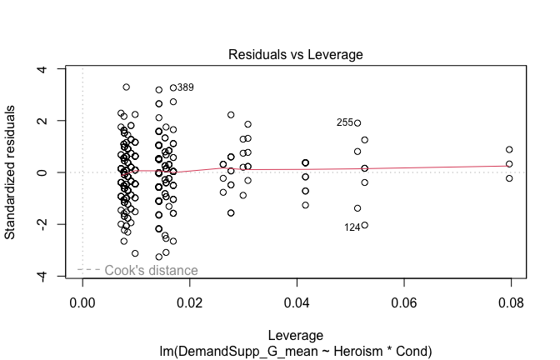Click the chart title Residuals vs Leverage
tap(296, 54)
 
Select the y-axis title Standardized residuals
tap(12, 172)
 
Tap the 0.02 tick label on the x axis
tap(190, 305)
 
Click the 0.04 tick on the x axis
tap(297, 305)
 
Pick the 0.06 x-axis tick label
tap(404, 305)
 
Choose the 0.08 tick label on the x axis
tap(511, 305)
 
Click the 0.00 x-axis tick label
tap(82, 305)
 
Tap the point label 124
tap(352, 227)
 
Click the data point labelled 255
tap(357, 122)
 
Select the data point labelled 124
tap(364, 225)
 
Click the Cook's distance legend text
tap(151, 270)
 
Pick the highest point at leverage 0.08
tap(509, 149)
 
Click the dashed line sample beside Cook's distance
tap(89, 270)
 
